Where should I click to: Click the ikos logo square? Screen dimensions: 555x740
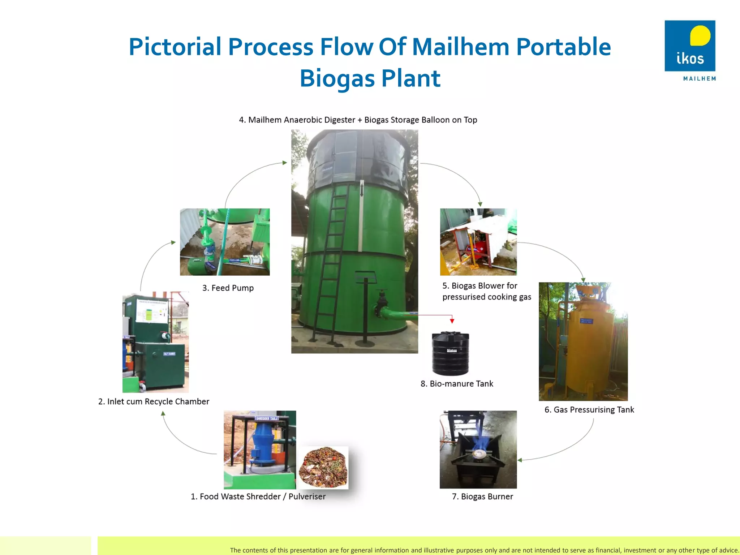click(689, 46)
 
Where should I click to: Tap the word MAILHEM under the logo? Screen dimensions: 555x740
click(699, 78)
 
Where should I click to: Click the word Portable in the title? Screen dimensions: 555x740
click(563, 47)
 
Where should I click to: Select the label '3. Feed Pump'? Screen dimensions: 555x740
click(228, 288)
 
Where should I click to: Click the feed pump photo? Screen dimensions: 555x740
click(225, 242)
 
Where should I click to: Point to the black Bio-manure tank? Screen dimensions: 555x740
click(450, 354)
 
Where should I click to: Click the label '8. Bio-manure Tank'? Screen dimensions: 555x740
click(457, 384)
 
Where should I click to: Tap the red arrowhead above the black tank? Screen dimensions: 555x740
click(452, 320)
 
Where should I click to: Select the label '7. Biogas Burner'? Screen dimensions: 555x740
click(482, 496)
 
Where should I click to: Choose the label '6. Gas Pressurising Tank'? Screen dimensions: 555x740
click(589, 410)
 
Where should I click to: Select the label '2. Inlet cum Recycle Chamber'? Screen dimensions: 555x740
click(154, 401)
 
